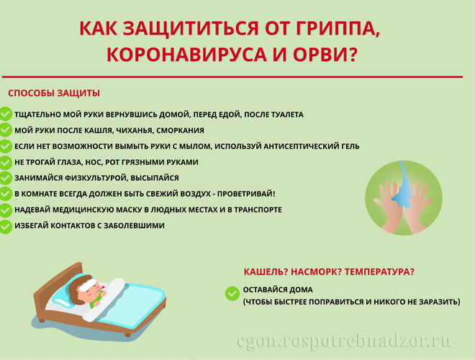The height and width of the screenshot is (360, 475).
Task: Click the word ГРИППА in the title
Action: [x=337, y=29]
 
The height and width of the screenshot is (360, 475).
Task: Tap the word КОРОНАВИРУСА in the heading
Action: [x=186, y=55]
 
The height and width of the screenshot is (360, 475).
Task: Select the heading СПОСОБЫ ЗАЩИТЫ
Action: [x=54, y=93]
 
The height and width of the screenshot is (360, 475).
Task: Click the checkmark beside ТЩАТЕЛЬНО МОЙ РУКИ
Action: [x=5, y=114]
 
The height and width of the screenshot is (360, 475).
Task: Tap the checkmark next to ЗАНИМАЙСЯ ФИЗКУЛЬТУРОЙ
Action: [x=5, y=178]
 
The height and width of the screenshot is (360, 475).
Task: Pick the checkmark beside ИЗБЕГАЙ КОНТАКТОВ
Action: [x=5, y=226]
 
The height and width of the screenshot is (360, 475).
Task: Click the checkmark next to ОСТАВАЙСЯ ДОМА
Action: [x=232, y=293]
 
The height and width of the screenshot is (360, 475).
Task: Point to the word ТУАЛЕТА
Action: [x=287, y=114]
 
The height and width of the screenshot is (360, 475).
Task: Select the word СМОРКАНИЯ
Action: [x=180, y=130]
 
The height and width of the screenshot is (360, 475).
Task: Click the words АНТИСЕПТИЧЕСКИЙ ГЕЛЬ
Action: [x=312, y=146]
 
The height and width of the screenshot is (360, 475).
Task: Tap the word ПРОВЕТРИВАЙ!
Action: [x=246, y=194]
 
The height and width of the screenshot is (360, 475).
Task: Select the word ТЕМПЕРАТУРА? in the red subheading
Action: [x=379, y=272]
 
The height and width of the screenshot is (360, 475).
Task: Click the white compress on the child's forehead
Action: [x=87, y=284]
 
